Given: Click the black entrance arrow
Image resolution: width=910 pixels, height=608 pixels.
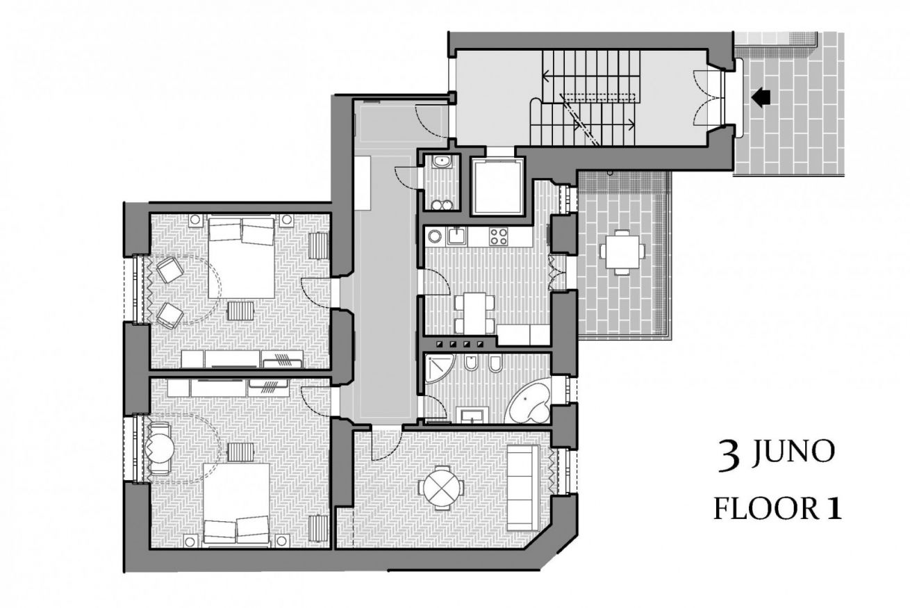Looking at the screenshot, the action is coord(761,97).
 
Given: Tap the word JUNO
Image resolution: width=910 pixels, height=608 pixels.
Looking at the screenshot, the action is coord(793,452).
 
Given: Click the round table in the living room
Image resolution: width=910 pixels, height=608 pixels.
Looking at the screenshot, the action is coord(442,488).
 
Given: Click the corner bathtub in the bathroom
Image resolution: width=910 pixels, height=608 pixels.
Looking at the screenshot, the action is coord(529,400).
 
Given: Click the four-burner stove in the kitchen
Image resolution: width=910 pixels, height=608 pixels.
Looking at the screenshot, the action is coord(498,236).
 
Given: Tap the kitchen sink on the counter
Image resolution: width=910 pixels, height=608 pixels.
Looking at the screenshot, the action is coord(457,236).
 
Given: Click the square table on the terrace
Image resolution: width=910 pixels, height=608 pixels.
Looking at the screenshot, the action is coord(622,252).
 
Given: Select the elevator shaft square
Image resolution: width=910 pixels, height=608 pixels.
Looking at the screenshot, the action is coord(497,186).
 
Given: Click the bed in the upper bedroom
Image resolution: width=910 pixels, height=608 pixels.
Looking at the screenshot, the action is coord(242,258).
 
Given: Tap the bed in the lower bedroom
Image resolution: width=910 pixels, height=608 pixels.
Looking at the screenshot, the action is coord(236,503).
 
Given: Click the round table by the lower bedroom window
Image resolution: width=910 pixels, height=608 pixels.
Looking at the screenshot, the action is coord(160,449).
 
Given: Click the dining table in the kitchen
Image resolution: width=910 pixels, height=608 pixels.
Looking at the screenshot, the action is coord(474,313).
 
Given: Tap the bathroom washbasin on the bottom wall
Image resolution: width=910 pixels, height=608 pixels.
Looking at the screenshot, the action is coord(472,416).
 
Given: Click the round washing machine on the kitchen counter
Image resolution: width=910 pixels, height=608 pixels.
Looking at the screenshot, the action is coord(435,236).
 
